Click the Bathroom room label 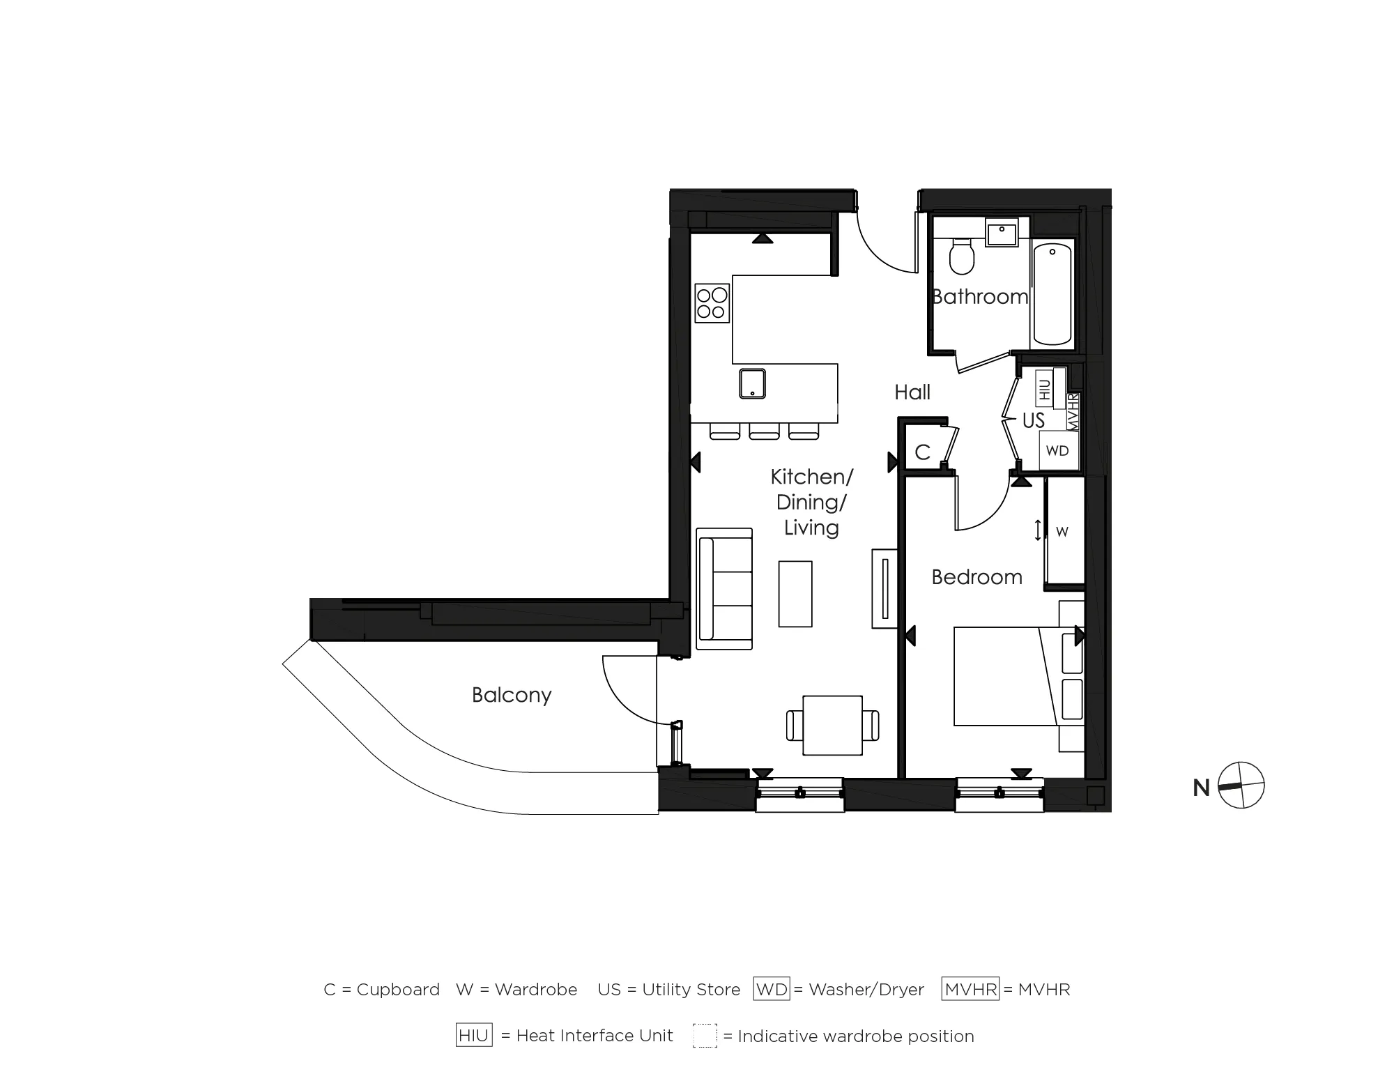pos(979,297)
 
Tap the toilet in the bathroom pos(962,257)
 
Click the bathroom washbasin pos(1002,231)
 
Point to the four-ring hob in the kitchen pos(712,303)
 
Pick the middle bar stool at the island pos(764,431)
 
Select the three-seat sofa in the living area pos(725,589)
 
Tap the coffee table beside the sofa pos(795,594)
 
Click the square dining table pos(832,725)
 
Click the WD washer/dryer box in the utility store pos(1057,451)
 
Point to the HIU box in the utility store pos(1044,388)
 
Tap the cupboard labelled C pos(922,452)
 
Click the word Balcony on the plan pos(512,695)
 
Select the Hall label pos(912,392)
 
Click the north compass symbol pos(1241,786)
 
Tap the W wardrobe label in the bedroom pos(1062,532)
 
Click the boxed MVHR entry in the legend pos(970,989)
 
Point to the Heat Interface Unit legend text pos(595,1036)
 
